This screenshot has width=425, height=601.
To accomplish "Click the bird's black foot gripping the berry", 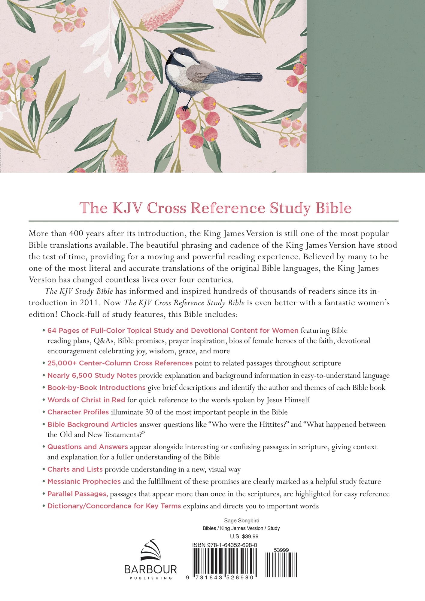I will coord(186,107).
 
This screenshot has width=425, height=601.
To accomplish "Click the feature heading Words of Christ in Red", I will coord(86,400).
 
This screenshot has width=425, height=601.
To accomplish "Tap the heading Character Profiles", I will coord(78,412).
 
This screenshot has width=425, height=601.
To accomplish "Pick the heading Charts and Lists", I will coord(75,469).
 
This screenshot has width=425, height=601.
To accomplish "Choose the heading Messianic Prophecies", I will coord(84,481).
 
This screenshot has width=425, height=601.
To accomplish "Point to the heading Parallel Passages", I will coord(77,494).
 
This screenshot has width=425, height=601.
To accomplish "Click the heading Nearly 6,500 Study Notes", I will coord(92,375).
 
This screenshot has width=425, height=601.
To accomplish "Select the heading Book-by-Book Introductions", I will coord(96,388).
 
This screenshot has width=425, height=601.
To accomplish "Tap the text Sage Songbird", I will coord(241,520).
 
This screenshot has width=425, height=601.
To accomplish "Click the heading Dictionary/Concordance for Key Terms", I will coord(114,506).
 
